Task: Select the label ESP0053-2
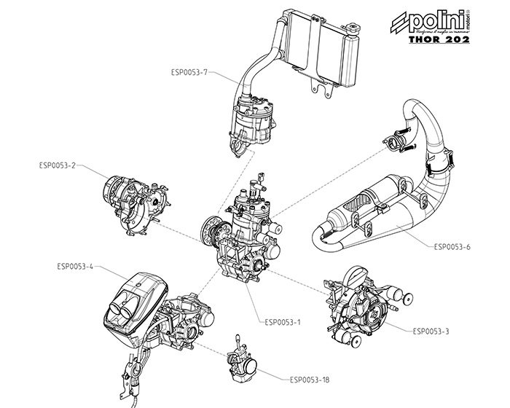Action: (58, 165)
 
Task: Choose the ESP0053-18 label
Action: (310, 379)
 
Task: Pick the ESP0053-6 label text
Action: (452, 246)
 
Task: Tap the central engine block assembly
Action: (244, 233)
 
